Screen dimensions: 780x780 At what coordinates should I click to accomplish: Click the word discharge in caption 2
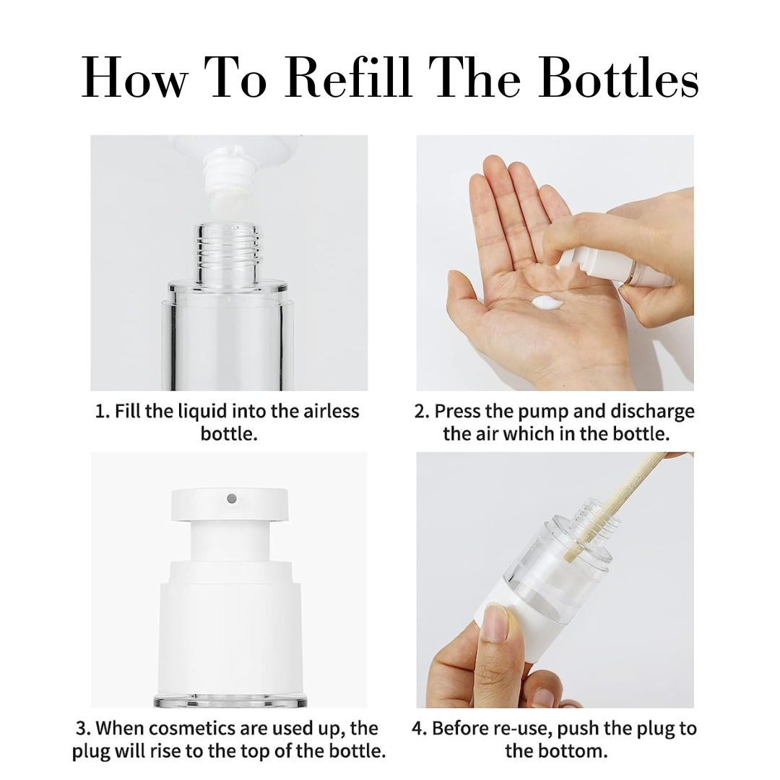pos(652,412)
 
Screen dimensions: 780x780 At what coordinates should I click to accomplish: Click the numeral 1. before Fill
pos(102,412)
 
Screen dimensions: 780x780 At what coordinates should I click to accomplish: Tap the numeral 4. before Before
pos(420,729)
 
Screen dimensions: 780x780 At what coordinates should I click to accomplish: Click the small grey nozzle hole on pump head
pos(231,498)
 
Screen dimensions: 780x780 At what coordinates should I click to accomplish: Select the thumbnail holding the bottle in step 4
pos(495,625)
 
